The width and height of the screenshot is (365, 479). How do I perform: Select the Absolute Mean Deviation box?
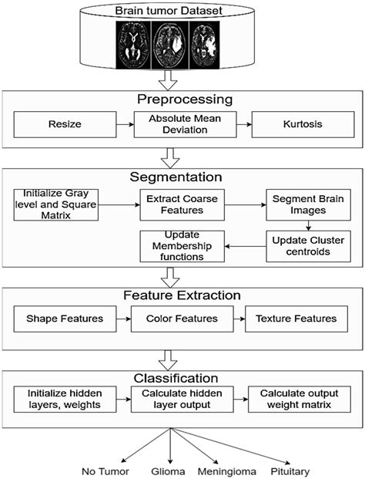(x=182, y=123)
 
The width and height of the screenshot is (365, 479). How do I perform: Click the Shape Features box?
(x=65, y=318)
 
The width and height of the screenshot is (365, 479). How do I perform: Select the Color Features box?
(x=182, y=318)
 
